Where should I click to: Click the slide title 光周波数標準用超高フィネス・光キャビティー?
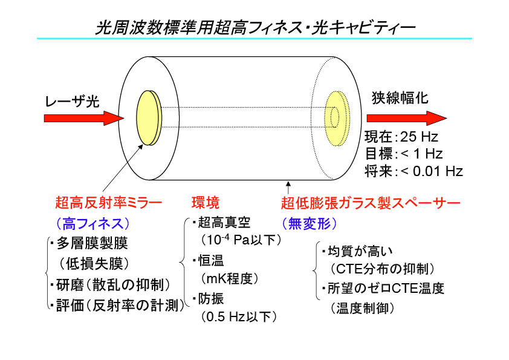pos(255,28)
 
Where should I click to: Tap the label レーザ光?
pos(72,102)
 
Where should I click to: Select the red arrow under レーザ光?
pos(84,118)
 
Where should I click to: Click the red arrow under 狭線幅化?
pos(407,118)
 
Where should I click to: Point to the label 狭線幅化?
pos(400,98)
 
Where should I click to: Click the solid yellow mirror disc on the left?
pos(149,117)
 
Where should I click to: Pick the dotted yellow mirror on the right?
pos(337,118)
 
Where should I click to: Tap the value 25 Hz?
pos(419,137)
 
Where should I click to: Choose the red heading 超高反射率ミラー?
pos(108,203)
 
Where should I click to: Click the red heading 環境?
pos(206,203)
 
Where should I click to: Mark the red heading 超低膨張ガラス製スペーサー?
pos(371,203)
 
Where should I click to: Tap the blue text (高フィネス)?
pos(93,223)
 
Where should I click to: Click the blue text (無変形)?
pos(310,223)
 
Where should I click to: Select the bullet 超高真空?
pos(222,223)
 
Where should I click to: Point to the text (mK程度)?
pos(230,278)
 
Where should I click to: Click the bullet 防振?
pos(208,299)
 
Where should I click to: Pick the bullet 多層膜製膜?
pos(89,243)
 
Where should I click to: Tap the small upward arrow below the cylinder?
pos(288,188)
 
